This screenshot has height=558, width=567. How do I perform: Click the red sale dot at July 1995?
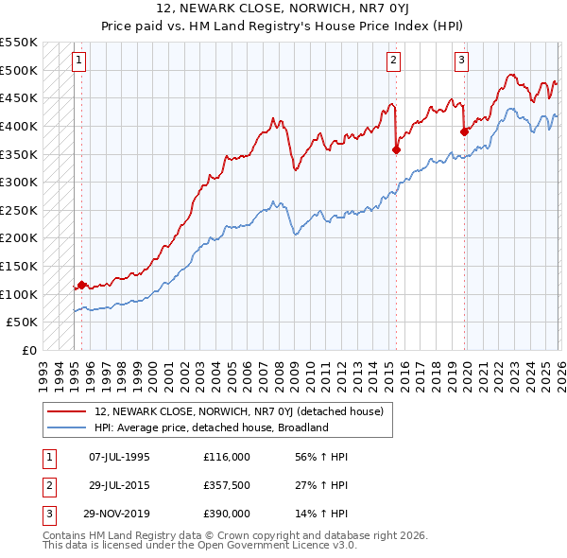pyautogui.click(x=81, y=285)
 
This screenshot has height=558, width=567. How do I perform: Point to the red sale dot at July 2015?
pyautogui.click(x=396, y=148)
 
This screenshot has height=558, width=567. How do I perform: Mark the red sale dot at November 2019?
pyautogui.click(x=464, y=131)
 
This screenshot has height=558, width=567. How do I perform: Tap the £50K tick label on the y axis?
pyautogui.click(x=23, y=323)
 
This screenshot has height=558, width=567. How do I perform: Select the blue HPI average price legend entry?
pyautogui.click(x=211, y=427)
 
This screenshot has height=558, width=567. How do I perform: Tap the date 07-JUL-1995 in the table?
pyautogui.click(x=119, y=456)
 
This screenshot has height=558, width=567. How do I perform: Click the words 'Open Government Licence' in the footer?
pyautogui.click(x=283, y=547)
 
